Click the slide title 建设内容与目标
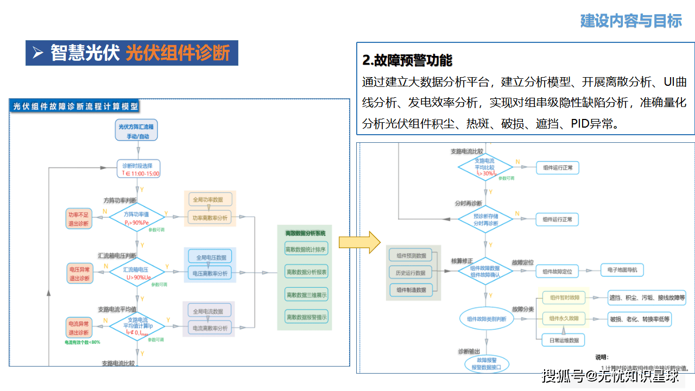click(x=631, y=21)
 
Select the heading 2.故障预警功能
click(x=407, y=60)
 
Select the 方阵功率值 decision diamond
click(x=137, y=217)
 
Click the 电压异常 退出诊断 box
click(x=79, y=273)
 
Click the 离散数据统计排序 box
click(x=306, y=250)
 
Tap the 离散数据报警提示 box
click(x=306, y=317)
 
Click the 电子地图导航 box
click(x=622, y=270)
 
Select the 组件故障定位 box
click(x=558, y=270)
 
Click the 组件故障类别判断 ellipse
click(x=486, y=319)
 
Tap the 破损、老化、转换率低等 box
click(x=640, y=319)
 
